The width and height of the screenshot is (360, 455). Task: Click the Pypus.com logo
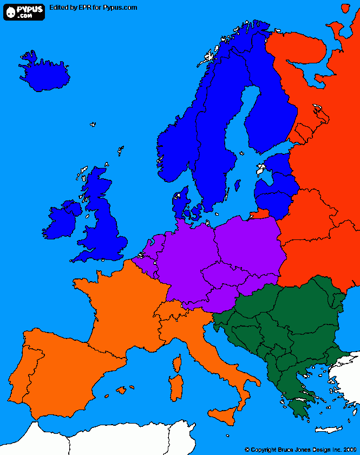24,11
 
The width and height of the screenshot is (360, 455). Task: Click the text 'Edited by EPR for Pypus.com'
93,8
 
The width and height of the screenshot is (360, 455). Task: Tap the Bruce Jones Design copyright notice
300,449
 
